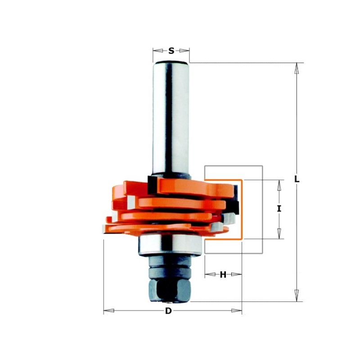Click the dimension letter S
(171, 51)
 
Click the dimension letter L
(297, 179)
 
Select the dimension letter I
(279, 209)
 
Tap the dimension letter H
(223, 274)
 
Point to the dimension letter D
(168, 311)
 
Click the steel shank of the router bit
(171, 117)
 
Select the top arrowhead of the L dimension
(296, 68)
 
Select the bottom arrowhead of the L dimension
(296, 296)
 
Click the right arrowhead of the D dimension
(236, 310)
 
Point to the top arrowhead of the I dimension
(279, 185)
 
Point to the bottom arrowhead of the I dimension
(279, 233)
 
